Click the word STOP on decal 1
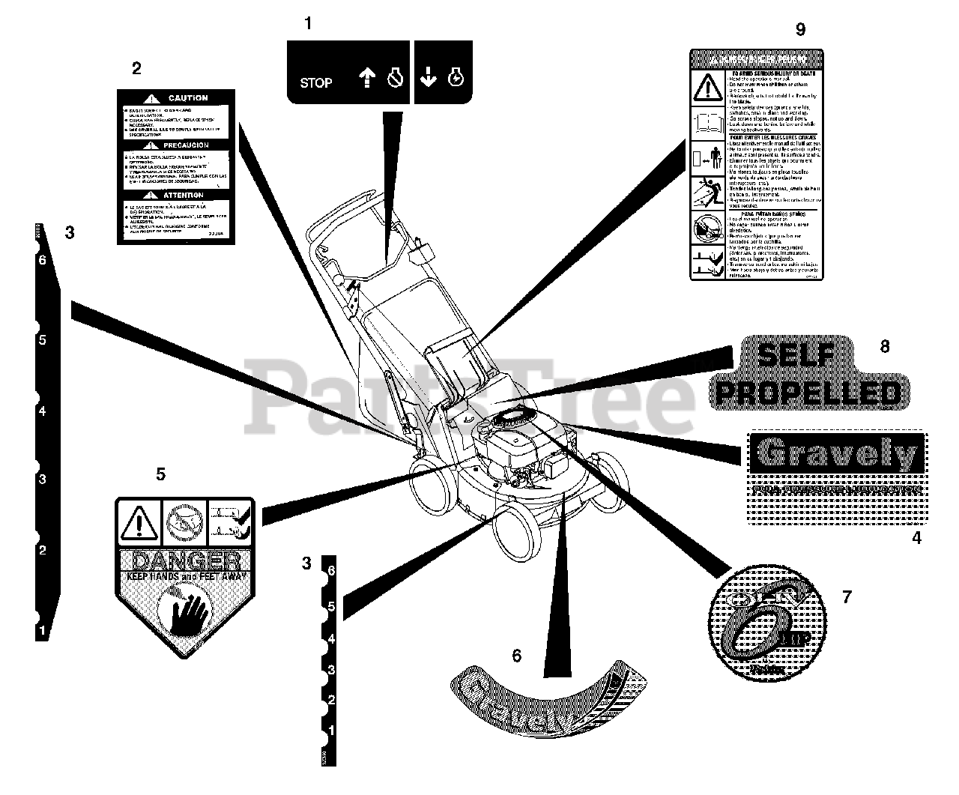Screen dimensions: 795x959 coord(315,82)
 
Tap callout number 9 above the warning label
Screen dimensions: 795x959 coord(800,29)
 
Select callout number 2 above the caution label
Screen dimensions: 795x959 coord(136,69)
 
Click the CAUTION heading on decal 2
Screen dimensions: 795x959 coord(187,98)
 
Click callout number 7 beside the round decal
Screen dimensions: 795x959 coord(847,597)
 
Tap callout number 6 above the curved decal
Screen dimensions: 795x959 coord(516,656)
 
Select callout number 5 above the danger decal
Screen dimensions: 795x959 coord(160,474)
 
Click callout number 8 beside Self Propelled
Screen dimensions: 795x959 coord(885,346)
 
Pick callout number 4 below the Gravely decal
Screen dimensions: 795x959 coord(916,537)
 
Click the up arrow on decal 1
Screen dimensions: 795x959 coord(366,77)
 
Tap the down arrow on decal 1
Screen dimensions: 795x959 coord(427,77)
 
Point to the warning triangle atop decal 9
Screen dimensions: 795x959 coord(706,88)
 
